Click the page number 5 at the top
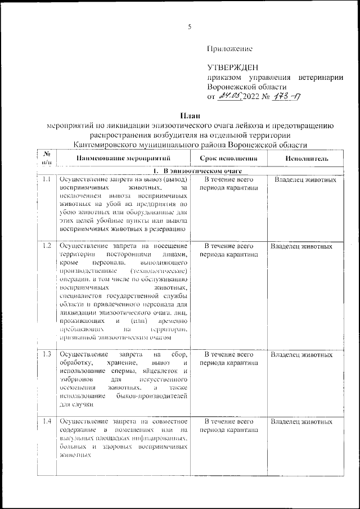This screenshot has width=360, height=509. [190, 27]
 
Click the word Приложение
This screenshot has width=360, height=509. [230, 49]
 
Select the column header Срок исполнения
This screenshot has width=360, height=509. [228, 159]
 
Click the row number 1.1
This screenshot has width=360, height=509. [47, 180]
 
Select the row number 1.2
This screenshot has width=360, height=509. [47, 246]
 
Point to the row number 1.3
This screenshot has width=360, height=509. [47, 355]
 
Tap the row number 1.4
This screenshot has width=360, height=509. [47, 421]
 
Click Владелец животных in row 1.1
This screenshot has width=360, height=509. [305, 180]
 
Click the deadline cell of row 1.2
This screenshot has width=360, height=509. [228, 250]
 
